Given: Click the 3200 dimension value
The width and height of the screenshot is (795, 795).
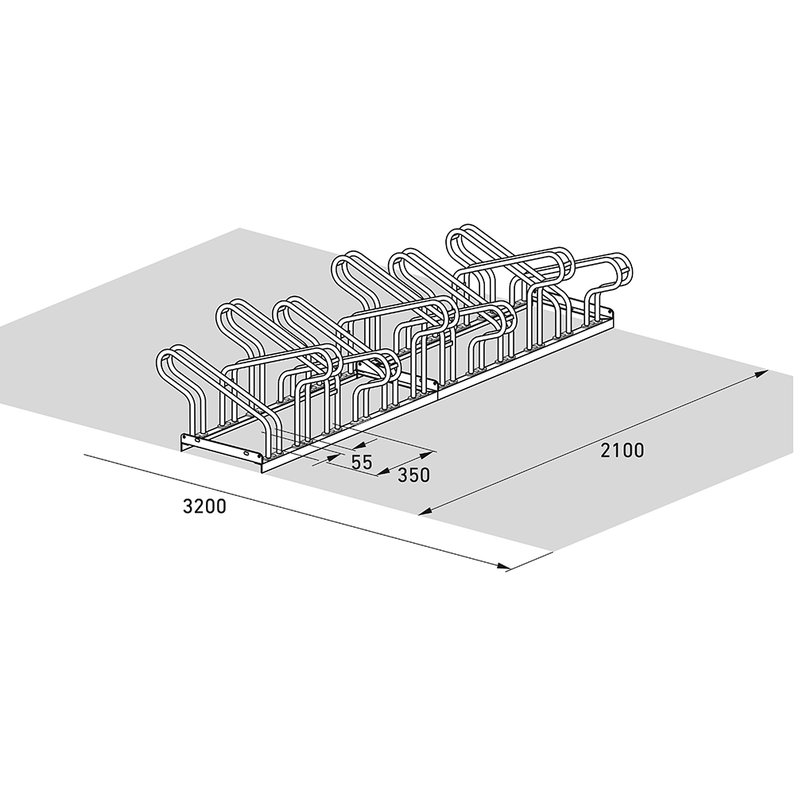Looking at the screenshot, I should click(x=204, y=506).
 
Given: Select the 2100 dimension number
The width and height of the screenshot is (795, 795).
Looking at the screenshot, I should click(x=622, y=451).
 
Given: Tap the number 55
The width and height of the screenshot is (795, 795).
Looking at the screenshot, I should click(x=362, y=463).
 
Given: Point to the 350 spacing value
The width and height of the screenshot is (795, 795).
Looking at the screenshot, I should click(x=413, y=475).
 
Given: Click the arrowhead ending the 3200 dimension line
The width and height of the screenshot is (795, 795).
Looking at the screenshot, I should click(x=502, y=568).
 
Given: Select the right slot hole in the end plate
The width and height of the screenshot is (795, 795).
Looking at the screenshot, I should click(x=254, y=455).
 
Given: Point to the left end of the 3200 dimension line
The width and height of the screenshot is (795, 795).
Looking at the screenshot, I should click(x=84, y=456).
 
